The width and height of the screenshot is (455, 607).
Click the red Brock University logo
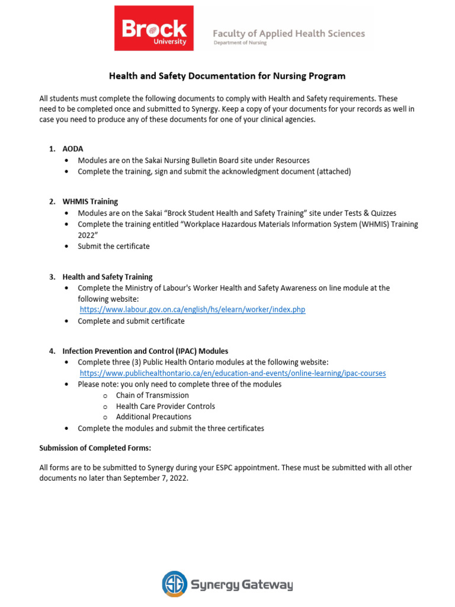(154, 28)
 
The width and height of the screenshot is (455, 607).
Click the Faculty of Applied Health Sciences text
(289, 33)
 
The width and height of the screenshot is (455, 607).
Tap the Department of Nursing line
(240, 43)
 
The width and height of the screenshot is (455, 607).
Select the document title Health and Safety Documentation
(227, 76)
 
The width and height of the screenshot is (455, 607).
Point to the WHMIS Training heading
(90, 202)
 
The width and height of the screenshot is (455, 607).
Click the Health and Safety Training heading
(107, 277)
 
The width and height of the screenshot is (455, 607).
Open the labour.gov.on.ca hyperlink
(193, 309)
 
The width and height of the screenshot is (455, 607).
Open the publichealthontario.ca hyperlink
(233, 373)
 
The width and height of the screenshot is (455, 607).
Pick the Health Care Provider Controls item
(165, 406)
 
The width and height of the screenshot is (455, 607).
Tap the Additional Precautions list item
(153, 417)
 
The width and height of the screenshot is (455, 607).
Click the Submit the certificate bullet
(114, 246)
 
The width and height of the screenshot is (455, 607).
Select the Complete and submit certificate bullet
(131, 321)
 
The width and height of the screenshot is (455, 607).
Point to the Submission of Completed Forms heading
(99, 447)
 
